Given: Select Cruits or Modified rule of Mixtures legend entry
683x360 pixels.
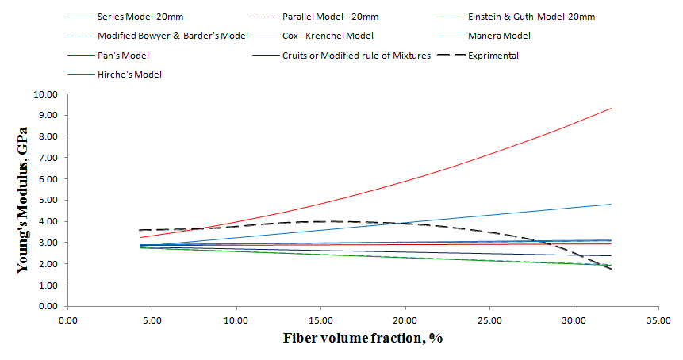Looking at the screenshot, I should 356,56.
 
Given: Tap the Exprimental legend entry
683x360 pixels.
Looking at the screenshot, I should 493,56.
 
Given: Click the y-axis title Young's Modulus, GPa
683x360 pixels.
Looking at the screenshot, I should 24,199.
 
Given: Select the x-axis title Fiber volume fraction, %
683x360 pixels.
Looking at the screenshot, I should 363,338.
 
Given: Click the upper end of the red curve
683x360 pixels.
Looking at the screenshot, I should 612,108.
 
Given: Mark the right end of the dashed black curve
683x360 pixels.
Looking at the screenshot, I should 612,270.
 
